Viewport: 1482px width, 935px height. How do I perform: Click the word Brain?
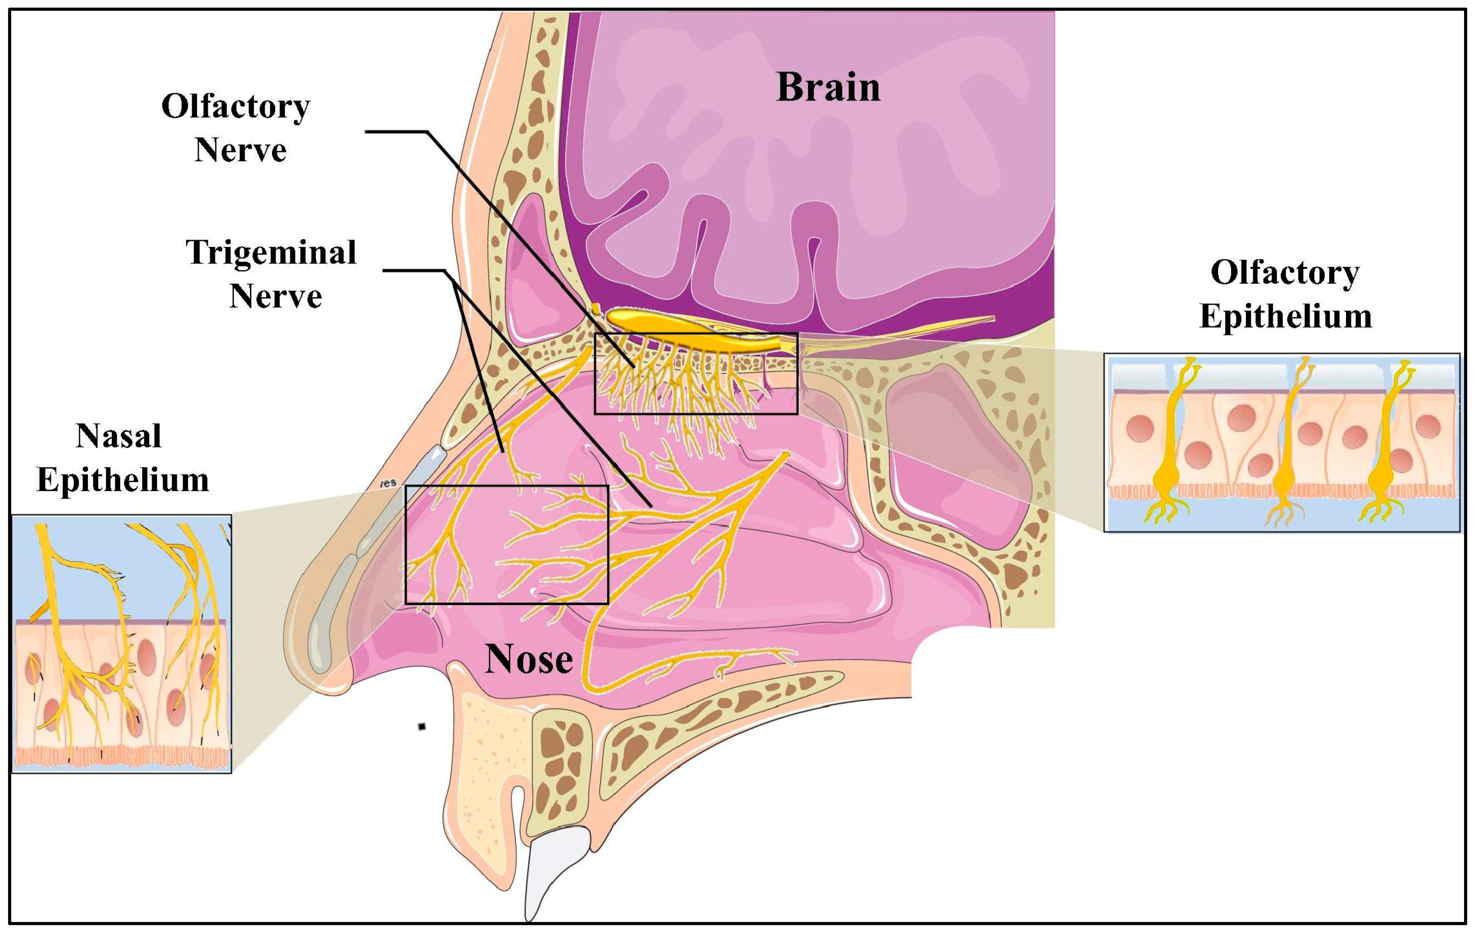828,88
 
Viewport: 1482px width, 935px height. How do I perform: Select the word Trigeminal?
271,252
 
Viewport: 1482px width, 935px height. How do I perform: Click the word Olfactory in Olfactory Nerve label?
236,106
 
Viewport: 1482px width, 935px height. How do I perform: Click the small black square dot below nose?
421,726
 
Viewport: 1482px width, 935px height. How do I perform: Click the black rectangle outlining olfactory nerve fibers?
696,334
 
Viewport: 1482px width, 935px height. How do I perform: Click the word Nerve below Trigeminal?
275,297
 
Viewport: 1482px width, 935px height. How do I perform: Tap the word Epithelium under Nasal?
123,480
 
